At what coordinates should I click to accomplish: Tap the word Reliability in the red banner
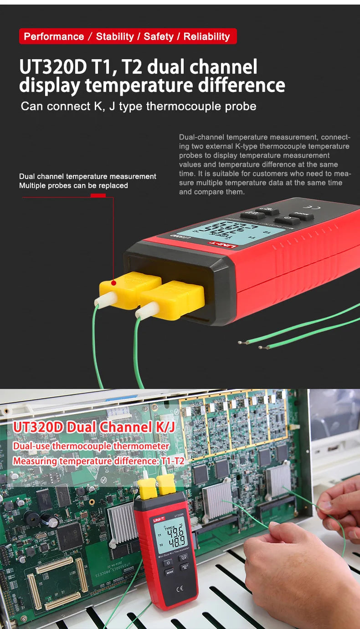[206, 36]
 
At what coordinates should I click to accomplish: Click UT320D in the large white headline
[53, 67]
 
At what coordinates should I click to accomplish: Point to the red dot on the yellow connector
[114, 283]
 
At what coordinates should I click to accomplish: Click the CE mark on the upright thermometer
[180, 589]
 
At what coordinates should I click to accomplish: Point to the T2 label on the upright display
[161, 545]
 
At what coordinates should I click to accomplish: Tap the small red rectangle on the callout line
[98, 195]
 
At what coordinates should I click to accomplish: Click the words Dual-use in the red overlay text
[31, 446]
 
